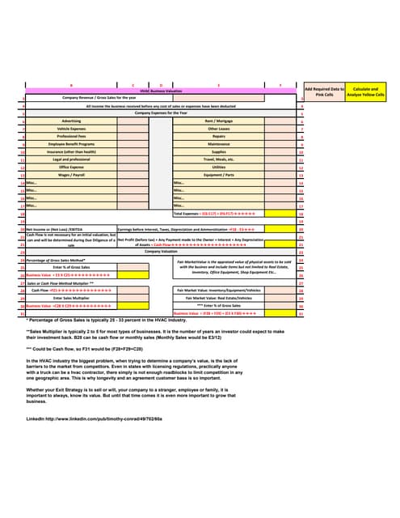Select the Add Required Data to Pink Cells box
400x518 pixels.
(324, 92)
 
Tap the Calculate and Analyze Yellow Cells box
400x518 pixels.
(366, 92)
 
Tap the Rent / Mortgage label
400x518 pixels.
(219, 120)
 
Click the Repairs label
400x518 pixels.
(219, 136)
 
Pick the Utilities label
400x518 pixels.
(219, 167)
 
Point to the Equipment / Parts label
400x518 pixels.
(219, 175)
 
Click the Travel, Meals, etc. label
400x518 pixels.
(219, 159)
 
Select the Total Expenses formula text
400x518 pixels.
(220, 214)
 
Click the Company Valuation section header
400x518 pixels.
(161, 252)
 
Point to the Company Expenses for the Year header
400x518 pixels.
(161, 112)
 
